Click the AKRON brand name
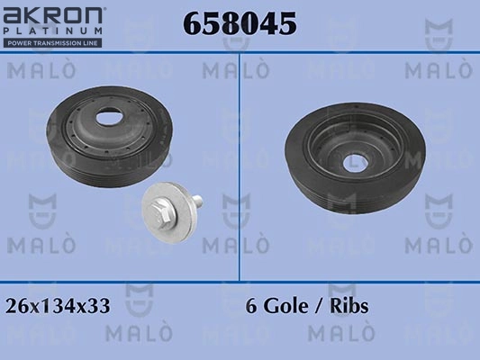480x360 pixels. point(54,15)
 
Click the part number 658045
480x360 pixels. point(240,24)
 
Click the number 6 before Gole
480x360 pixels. point(251,306)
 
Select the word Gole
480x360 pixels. point(285,306)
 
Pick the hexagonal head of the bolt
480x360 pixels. point(158,210)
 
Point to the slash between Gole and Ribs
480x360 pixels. point(322,306)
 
